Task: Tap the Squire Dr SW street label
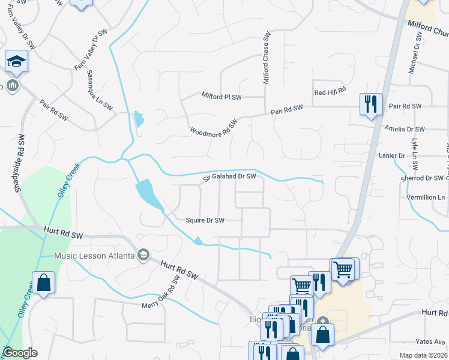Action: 205,220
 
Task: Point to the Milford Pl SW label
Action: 221,96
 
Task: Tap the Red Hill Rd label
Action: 330,91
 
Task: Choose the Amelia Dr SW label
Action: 405,130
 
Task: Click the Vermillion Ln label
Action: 424,197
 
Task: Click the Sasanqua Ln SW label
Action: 100,90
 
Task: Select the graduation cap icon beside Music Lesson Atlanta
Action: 143,256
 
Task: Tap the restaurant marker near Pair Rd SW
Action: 371,104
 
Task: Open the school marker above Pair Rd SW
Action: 16,61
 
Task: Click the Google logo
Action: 20,353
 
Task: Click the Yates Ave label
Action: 431,341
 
